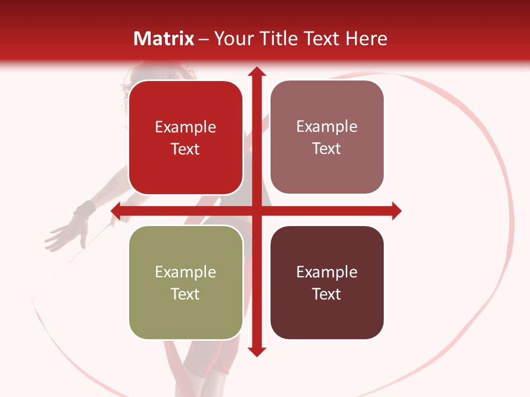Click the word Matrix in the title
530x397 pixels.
tap(164, 39)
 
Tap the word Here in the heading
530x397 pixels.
tap(367, 39)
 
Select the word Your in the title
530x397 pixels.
tap(231, 39)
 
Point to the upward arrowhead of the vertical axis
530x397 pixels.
tap(256, 72)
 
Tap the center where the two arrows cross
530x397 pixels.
tap(256, 211)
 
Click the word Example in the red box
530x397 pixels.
tap(185, 127)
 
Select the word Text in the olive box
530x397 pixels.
tap(185, 294)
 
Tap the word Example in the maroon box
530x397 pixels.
tap(327, 272)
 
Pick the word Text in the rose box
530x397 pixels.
tap(327, 149)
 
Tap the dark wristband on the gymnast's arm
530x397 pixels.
tap(86, 209)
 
